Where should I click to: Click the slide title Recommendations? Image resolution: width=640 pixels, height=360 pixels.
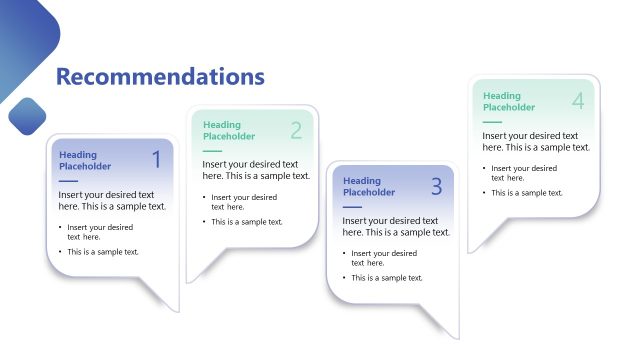tap(160, 77)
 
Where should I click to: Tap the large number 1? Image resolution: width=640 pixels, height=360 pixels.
tap(156, 159)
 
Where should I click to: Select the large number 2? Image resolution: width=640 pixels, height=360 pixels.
tap(296, 130)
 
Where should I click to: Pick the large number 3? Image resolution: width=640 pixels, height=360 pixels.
tap(436, 186)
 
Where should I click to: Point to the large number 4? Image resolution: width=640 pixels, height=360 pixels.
tap(578, 101)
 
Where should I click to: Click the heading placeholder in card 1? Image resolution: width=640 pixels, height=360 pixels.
tap(85, 160)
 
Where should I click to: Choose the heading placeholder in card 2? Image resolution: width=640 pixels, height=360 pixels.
tap(229, 131)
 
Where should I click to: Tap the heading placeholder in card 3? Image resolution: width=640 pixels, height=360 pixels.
tap(369, 187)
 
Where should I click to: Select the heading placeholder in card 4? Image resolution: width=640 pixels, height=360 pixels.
tap(509, 102)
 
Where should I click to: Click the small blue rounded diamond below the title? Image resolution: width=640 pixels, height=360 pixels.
tap(28, 116)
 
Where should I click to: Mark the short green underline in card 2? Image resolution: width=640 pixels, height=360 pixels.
tap(212, 150)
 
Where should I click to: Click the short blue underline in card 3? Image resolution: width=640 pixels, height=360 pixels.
tap(352, 206)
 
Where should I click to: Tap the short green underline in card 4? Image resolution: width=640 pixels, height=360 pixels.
tap(492, 121)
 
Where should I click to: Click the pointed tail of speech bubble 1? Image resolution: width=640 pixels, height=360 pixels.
tap(166, 300)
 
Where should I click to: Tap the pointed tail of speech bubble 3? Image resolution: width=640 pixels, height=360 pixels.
tap(446, 326)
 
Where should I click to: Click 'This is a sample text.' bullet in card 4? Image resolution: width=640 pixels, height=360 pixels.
tap(526, 192)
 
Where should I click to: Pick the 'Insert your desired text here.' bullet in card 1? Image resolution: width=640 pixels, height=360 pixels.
tap(100, 232)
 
